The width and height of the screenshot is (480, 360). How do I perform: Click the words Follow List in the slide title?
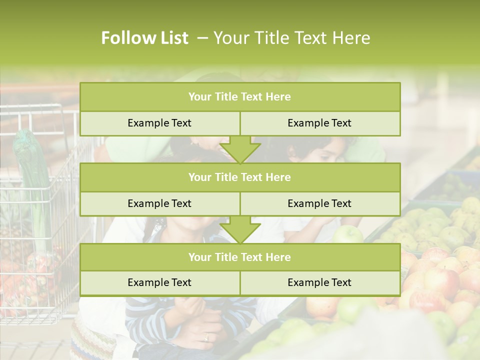(x=145, y=38)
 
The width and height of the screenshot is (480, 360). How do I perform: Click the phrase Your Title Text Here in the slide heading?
(x=291, y=38)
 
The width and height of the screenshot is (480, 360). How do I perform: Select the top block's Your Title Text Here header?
(x=239, y=97)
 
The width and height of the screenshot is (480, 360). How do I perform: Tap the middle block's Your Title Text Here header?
(x=239, y=177)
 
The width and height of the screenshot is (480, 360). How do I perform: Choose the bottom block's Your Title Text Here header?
(x=239, y=257)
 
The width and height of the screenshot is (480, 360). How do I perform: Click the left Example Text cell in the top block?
(x=159, y=123)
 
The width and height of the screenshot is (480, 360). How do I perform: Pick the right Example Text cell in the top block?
(x=319, y=123)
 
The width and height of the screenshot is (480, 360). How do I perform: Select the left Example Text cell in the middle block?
(x=159, y=203)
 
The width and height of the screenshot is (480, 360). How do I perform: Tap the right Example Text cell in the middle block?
(x=319, y=203)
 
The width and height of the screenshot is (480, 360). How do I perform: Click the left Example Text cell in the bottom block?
(x=159, y=283)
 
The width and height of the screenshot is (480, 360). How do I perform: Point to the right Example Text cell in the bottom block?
(x=319, y=283)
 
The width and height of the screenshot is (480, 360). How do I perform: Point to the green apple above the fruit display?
(x=348, y=234)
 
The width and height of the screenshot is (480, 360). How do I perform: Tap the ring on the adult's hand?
(x=206, y=337)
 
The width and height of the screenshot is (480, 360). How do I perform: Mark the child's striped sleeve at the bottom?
(x=150, y=320)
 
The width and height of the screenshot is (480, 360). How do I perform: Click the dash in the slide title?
(x=202, y=38)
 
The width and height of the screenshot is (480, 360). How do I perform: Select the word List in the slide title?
(x=173, y=38)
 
